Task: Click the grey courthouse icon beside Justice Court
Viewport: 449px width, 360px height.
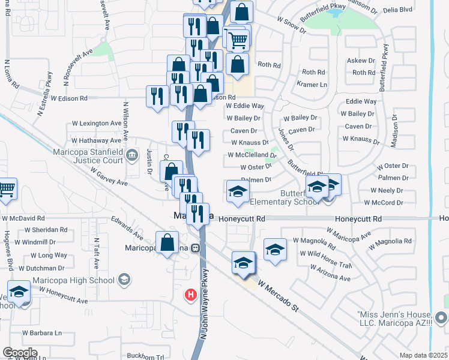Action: (132, 157)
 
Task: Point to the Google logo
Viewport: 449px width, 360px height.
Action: (20, 353)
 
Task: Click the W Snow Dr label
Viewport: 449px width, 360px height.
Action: (292, 22)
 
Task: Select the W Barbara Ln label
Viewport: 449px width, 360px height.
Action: (42, 332)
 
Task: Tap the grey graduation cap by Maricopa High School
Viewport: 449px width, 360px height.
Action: (124, 279)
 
